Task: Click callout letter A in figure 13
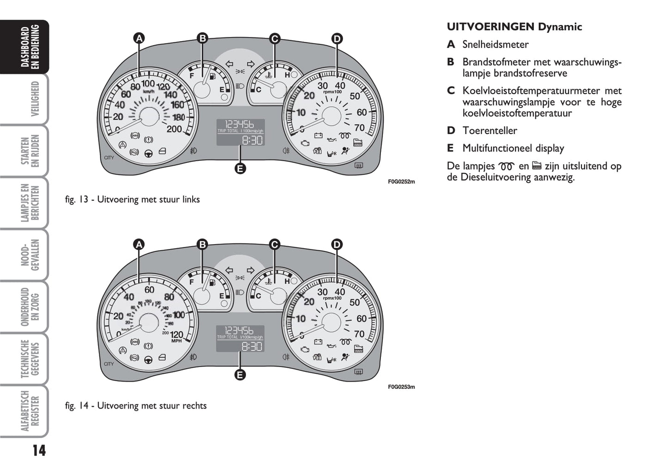pos(139,38)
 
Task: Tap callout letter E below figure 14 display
pos(240,374)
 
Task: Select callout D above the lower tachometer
pos(337,244)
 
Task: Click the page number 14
pos(39,449)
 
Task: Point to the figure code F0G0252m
pos(401,182)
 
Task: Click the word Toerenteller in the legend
pos(490,131)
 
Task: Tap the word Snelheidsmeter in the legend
pos(495,45)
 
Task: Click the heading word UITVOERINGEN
pos(490,27)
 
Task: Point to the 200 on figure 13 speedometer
pos(174,129)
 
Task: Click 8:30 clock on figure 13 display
pos(252,140)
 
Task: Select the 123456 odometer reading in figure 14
pos(239,330)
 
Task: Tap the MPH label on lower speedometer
pos(176,341)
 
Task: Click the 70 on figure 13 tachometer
pos(359,128)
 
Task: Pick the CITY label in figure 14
pos(109,364)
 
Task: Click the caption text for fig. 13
pos(132,200)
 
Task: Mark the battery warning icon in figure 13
pos(318,135)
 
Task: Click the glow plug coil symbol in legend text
pos(507,166)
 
